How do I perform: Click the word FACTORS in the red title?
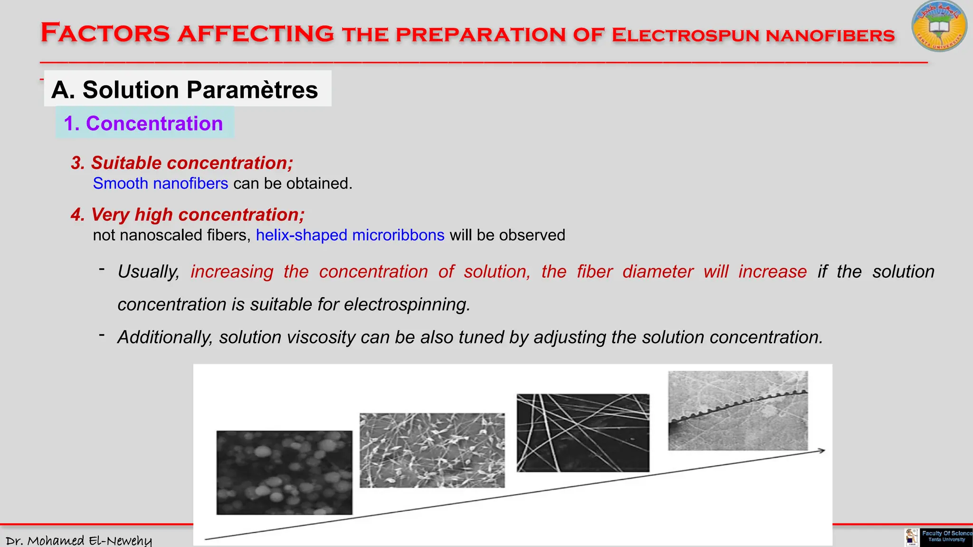click(x=105, y=33)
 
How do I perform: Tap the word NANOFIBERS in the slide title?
click(x=830, y=36)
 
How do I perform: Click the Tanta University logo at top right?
click(x=939, y=27)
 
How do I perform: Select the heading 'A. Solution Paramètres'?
click(x=185, y=90)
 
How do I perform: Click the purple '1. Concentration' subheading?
click(x=143, y=123)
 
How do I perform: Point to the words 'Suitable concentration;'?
click(x=192, y=163)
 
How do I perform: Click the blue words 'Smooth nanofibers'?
click(x=161, y=183)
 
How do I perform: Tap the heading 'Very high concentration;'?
click(x=198, y=215)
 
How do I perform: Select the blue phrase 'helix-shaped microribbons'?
click(x=350, y=235)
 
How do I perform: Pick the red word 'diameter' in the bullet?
click(x=658, y=272)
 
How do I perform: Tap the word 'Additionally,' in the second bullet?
click(x=165, y=337)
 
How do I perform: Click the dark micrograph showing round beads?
click(x=284, y=472)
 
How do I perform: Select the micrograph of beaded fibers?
click(x=432, y=450)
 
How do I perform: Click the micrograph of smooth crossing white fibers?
click(x=583, y=433)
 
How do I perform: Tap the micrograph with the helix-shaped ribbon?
click(x=738, y=411)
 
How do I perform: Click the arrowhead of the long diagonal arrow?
click(x=822, y=450)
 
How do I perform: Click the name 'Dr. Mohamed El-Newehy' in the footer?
click(x=78, y=540)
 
